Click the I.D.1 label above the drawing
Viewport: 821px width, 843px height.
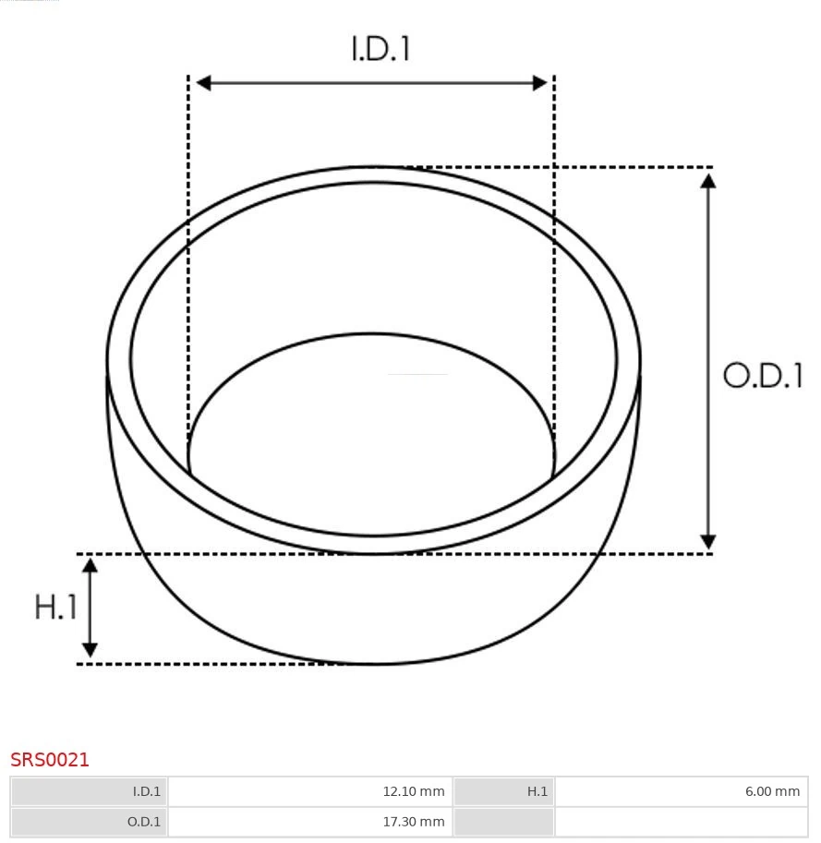click(x=380, y=48)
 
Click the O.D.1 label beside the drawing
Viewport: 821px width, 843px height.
click(x=763, y=376)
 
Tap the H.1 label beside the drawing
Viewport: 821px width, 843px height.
click(x=55, y=607)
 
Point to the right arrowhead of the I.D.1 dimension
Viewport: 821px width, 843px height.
click(x=540, y=83)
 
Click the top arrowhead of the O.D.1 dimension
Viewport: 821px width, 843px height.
click(x=708, y=180)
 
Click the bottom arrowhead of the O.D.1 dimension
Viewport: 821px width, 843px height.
click(x=708, y=541)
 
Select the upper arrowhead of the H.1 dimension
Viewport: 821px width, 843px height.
click(x=90, y=566)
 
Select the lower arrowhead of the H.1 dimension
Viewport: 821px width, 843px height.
click(x=90, y=649)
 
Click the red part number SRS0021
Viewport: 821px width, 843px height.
click(x=50, y=760)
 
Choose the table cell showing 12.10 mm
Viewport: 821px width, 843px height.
click(x=310, y=791)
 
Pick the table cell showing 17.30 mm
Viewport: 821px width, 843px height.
click(x=310, y=822)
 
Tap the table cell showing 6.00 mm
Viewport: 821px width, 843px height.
click(x=681, y=791)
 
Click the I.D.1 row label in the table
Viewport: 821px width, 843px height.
click(x=90, y=791)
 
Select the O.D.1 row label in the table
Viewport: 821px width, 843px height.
click(x=90, y=822)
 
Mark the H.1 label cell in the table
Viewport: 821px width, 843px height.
click(x=503, y=791)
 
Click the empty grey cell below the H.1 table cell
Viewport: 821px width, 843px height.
click(x=503, y=822)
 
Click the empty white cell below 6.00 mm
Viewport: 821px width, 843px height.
click(x=681, y=822)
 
